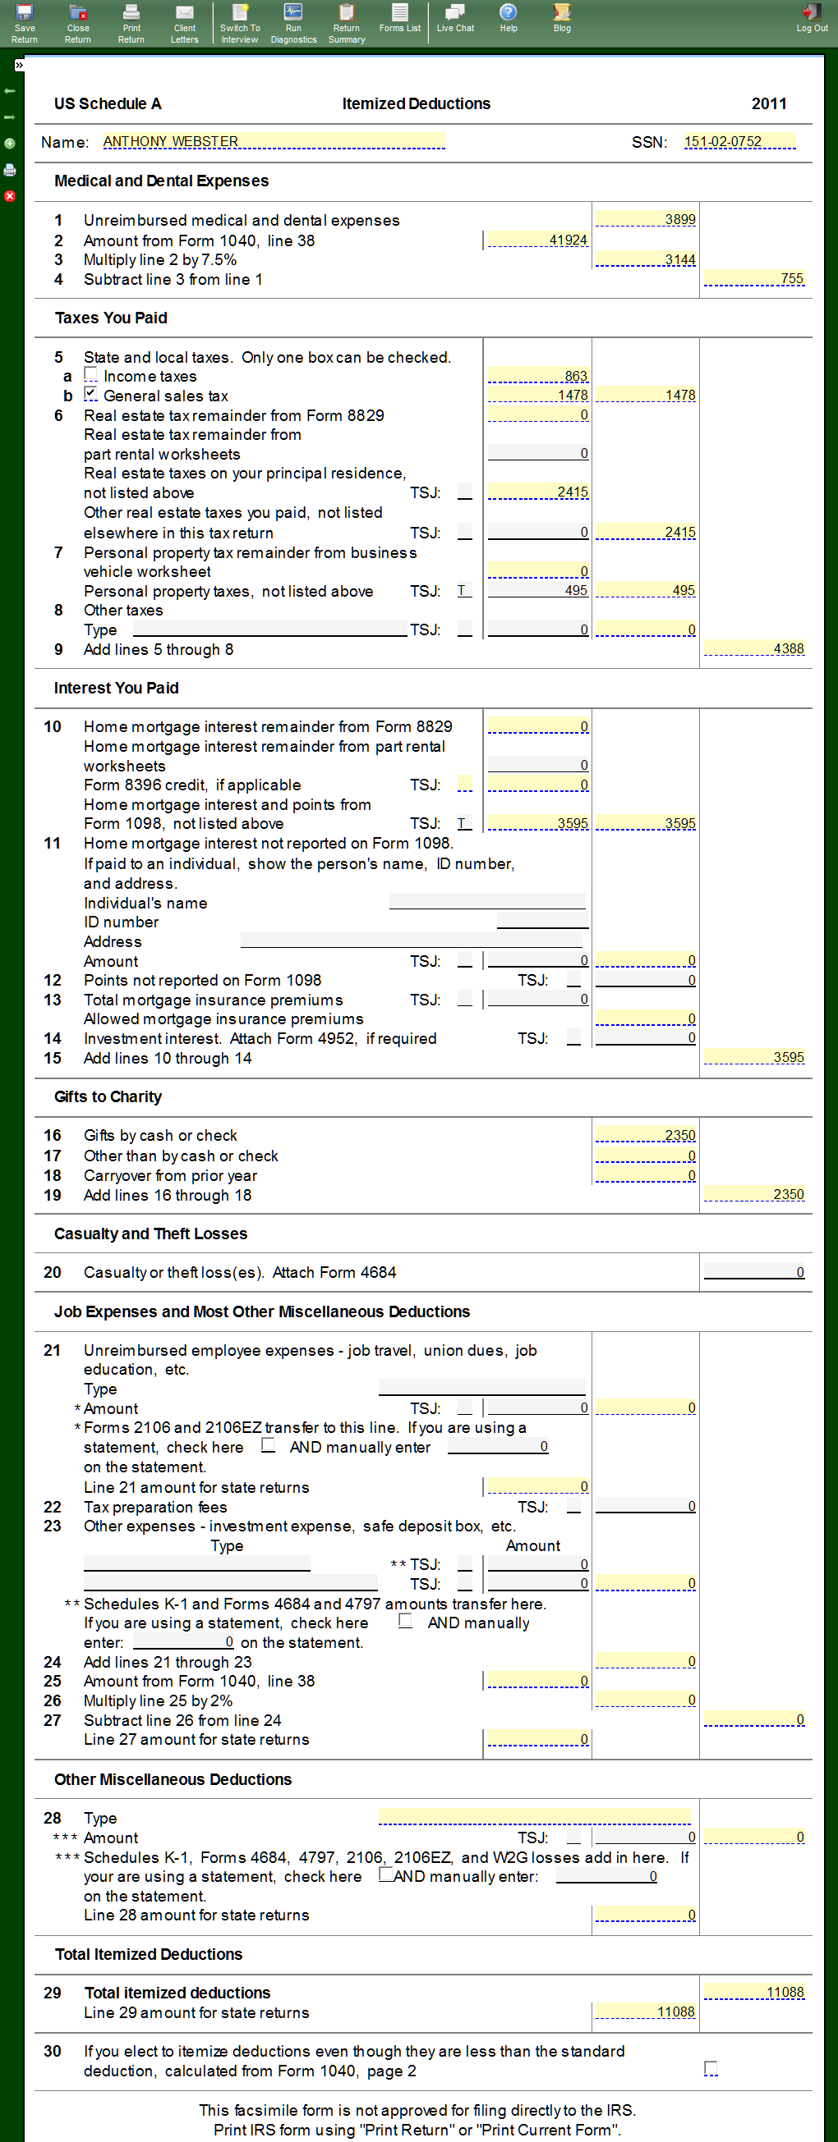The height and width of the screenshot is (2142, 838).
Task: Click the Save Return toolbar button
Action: point(24,22)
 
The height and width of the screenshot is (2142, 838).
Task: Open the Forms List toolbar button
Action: point(399,18)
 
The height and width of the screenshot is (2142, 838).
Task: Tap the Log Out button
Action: point(812,18)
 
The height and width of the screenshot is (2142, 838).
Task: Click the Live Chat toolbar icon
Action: point(455,18)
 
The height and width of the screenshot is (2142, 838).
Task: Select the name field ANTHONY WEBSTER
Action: point(273,141)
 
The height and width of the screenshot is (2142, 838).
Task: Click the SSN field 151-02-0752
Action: point(739,141)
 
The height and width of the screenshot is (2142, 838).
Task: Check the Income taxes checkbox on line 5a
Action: point(90,375)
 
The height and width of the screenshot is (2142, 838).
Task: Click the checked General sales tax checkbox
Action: point(90,394)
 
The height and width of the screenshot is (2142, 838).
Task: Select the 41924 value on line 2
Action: point(537,240)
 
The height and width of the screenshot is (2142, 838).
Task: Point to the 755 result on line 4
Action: point(754,278)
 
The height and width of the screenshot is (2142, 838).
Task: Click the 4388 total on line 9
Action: point(754,648)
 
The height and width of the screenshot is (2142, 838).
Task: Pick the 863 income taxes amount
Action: point(537,376)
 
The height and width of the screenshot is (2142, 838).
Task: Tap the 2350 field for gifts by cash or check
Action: point(646,1135)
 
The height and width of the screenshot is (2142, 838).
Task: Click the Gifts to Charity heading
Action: point(108,1096)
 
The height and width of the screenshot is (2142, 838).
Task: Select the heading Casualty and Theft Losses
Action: point(150,1233)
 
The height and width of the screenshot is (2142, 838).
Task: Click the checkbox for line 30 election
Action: point(711,2067)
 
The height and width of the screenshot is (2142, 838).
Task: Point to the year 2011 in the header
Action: point(769,104)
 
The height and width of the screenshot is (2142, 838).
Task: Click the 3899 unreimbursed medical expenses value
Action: point(646,219)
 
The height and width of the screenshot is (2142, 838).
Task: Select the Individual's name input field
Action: point(488,902)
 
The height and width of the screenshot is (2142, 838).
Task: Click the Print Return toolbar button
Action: point(131,22)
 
